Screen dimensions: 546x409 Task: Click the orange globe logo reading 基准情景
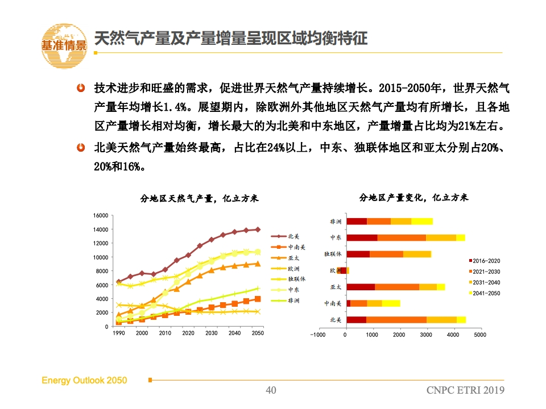(x=64, y=45)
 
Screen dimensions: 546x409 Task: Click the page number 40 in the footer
(x=271, y=390)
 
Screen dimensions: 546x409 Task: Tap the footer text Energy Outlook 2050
(x=84, y=381)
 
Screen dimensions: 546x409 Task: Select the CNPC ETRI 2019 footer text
(x=465, y=390)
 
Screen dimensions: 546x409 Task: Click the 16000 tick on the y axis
(x=101, y=216)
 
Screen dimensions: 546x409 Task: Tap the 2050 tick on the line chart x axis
(x=258, y=333)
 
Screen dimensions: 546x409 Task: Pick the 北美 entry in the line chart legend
(x=285, y=236)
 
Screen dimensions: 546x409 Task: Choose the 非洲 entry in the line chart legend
(x=285, y=301)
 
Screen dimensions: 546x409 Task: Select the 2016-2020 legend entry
(x=485, y=261)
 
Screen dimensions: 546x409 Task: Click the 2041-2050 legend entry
(x=485, y=293)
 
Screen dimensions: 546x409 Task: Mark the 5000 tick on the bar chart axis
(x=480, y=335)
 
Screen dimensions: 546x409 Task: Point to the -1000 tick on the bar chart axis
(x=317, y=335)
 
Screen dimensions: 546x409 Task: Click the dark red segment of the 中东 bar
(x=362, y=238)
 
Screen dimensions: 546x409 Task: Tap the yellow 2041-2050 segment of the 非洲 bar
(x=422, y=222)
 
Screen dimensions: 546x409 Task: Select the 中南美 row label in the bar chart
(x=333, y=303)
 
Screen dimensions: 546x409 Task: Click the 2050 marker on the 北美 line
(x=258, y=229)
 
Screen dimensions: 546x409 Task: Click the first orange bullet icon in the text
(x=81, y=88)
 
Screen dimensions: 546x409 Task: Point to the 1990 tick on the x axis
(x=119, y=333)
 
